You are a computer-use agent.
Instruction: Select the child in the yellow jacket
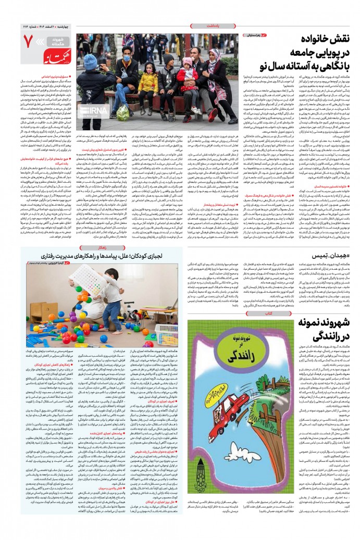point(148,82)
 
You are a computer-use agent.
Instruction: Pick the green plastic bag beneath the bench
point(123,112)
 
